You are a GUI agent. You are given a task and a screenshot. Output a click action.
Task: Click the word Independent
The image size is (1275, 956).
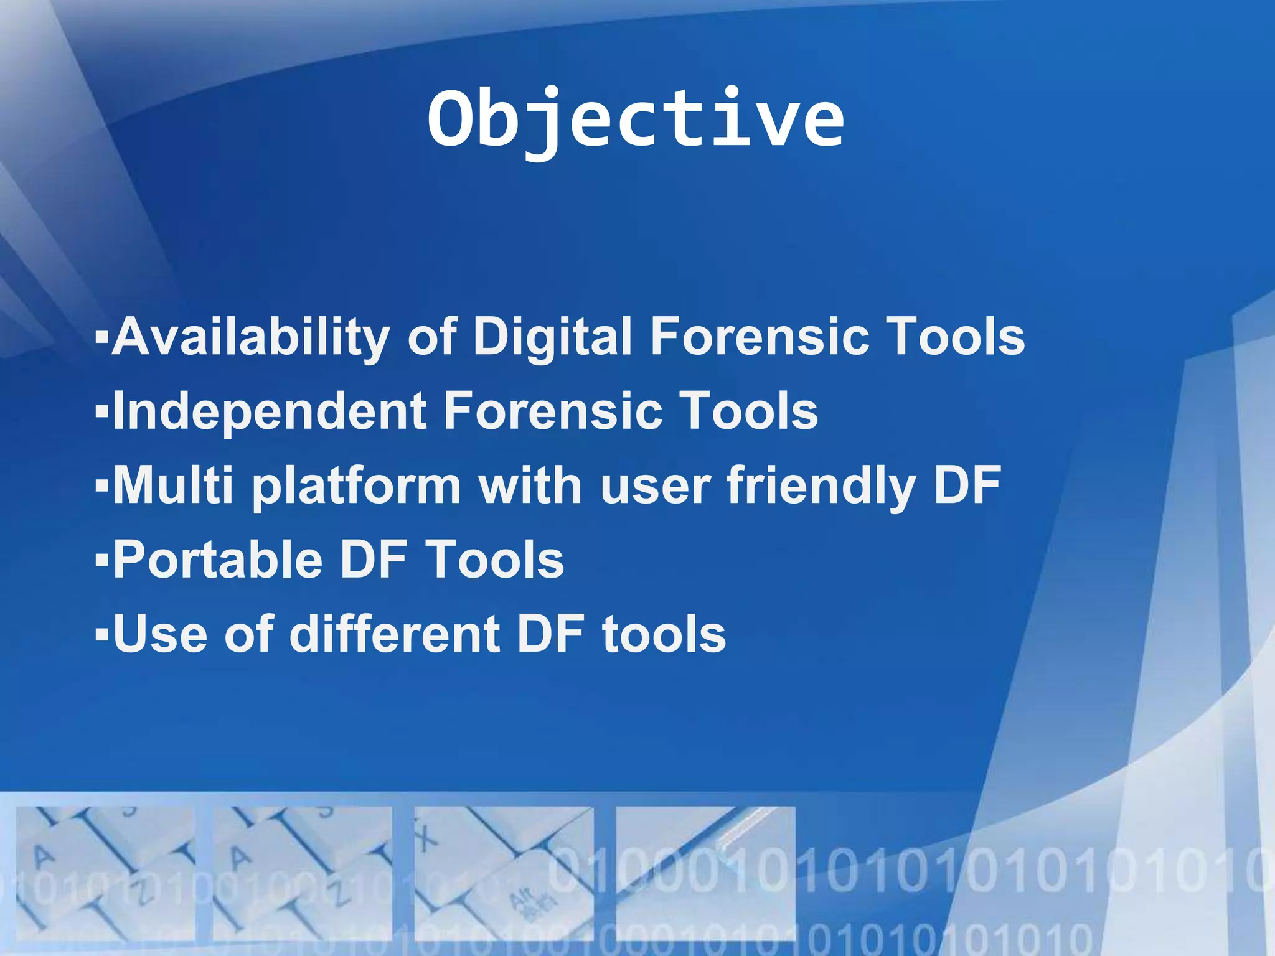(x=270, y=411)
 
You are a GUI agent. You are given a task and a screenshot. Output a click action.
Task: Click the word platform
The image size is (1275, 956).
(x=356, y=486)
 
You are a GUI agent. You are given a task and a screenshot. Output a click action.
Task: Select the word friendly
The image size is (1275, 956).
(x=821, y=486)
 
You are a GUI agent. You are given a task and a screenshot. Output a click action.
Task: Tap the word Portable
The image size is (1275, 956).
(x=217, y=560)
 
